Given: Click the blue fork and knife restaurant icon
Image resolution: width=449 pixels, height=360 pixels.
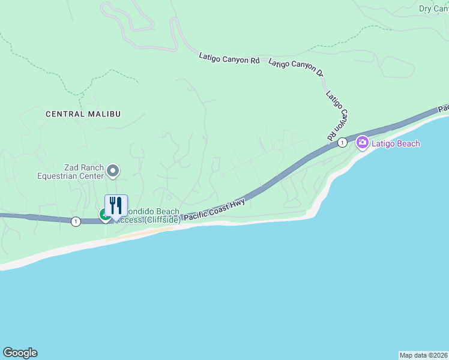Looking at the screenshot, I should click(116, 206).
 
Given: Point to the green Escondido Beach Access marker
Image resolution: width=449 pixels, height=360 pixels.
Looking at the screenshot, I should click(105, 215).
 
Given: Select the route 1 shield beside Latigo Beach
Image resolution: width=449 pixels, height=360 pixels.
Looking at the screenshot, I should click(342, 142).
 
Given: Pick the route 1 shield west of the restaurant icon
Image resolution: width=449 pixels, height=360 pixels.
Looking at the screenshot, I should click(75, 221).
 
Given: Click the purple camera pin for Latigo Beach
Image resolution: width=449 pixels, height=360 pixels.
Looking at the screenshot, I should click(362, 143).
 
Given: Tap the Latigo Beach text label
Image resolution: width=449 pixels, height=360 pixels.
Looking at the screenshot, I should click(396, 143).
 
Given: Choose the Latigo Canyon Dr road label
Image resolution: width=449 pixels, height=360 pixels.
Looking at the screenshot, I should click(297, 67).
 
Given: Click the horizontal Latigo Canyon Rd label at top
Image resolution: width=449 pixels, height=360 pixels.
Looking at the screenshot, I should click(229, 58).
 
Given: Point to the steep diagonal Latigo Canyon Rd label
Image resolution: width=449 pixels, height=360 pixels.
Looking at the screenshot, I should click(339, 116).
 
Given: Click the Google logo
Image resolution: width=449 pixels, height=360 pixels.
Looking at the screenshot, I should click(20, 353).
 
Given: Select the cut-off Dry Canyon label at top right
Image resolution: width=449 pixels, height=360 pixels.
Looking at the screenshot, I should click(433, 8).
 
